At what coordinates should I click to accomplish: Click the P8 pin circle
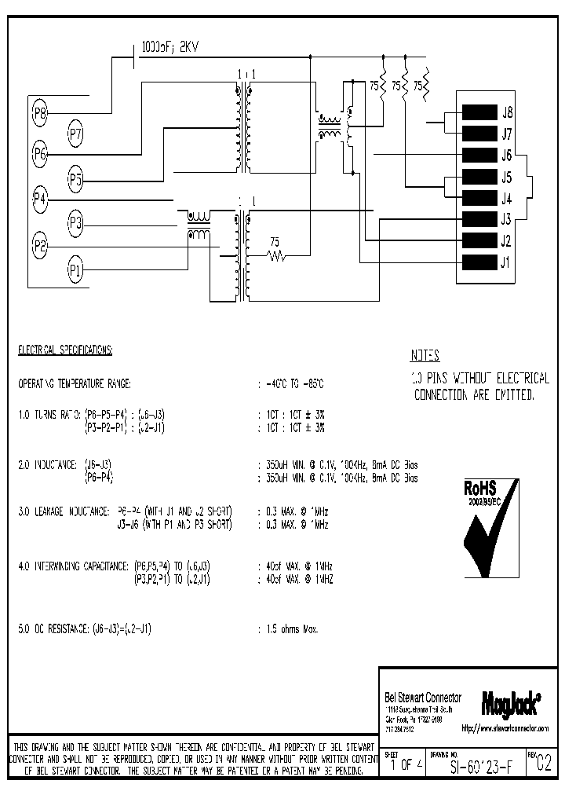click(x=40, y=114)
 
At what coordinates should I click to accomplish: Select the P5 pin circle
click(x=75, y=179)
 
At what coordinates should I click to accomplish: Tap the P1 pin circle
click(x=75, y=271)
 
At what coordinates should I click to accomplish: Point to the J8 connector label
click(x=507, y=112)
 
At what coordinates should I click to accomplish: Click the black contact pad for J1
click(x=479, y=262)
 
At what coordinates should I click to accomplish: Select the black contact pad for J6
click(x=479, y=155)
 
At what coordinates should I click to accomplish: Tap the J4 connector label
click(x=507, y=198)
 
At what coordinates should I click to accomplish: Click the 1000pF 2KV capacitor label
click(x=169, y=48)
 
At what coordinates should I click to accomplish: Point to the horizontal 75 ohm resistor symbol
click(x=275, y=255)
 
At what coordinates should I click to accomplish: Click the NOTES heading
click(x=425, y=355)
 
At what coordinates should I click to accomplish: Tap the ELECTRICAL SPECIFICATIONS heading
click(x=65, y=348)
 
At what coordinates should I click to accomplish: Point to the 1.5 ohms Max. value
click(x=291, y=628)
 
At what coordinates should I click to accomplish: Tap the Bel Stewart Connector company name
click(x=423, y=697)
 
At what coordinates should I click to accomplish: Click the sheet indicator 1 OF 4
click(x=402, y=765)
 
